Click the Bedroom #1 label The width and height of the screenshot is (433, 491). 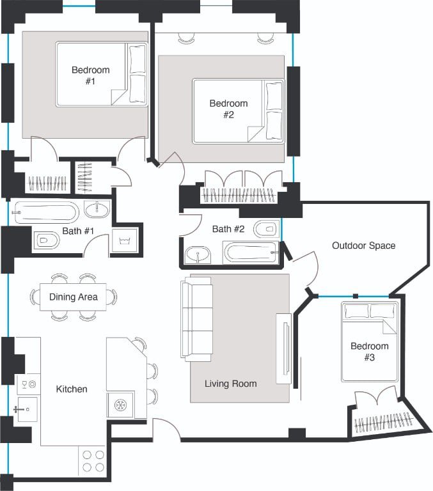[x=91, y=75]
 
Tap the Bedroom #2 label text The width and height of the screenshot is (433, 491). [x=228, y=109]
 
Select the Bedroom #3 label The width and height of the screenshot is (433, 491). [x=370, y=352]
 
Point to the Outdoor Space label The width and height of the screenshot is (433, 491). [x=363, y=245]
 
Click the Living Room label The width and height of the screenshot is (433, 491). [x=231, y=384]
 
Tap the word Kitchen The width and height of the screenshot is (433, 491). [x=72, y=389]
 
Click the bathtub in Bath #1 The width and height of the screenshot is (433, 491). [x=46, y=212]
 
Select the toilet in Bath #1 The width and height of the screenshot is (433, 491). [x=46, y=240]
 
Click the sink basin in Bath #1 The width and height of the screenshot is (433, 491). [x=97, y=209]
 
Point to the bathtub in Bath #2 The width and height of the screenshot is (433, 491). [x=251, y=253]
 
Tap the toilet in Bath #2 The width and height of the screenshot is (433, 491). [x=266, y=229]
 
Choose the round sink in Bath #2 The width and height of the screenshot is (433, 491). [x=198, y=255]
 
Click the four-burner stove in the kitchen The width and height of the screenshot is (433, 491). [x=93, y=461]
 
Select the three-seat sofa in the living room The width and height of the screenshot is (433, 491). [x=197, y=319]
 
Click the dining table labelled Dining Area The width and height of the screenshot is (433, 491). [x=73, y=297]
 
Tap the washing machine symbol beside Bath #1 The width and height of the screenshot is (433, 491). [x=125, y=241]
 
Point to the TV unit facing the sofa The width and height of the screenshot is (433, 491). [x=284, y=348]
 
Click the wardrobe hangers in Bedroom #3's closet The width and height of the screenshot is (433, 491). [x=383, y=422]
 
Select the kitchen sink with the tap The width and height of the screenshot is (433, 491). [x=28, y=409]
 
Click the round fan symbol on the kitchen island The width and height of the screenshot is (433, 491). [x=120, y=405]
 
